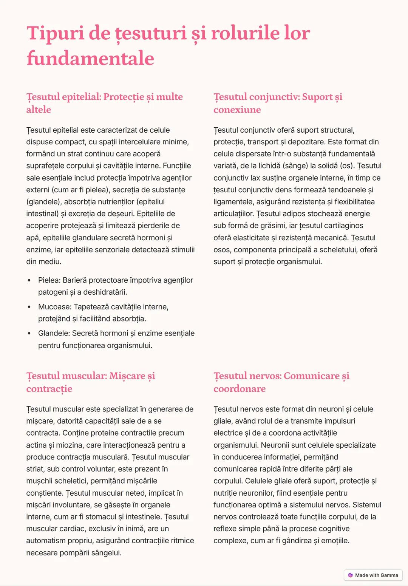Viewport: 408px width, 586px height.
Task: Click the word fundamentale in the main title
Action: pos(90,59)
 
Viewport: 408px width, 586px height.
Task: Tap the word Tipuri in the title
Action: pos(55,33)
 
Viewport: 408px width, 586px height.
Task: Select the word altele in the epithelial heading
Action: pos(39,110)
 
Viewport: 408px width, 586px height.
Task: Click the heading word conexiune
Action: pos(237,110)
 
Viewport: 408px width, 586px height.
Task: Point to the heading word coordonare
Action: pos(239,388)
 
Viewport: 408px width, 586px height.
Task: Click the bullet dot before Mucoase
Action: pos(29,307)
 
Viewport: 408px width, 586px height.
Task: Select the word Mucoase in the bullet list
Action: pos(54,307)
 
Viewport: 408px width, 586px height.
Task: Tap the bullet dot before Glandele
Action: pos(29,333)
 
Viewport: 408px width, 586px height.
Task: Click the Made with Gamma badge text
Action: pos(376,575)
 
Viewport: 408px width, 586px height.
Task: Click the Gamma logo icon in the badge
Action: pos(351,575)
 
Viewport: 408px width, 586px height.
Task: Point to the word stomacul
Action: pos(100,517)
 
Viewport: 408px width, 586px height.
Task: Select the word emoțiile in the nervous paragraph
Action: pos(335,541)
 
